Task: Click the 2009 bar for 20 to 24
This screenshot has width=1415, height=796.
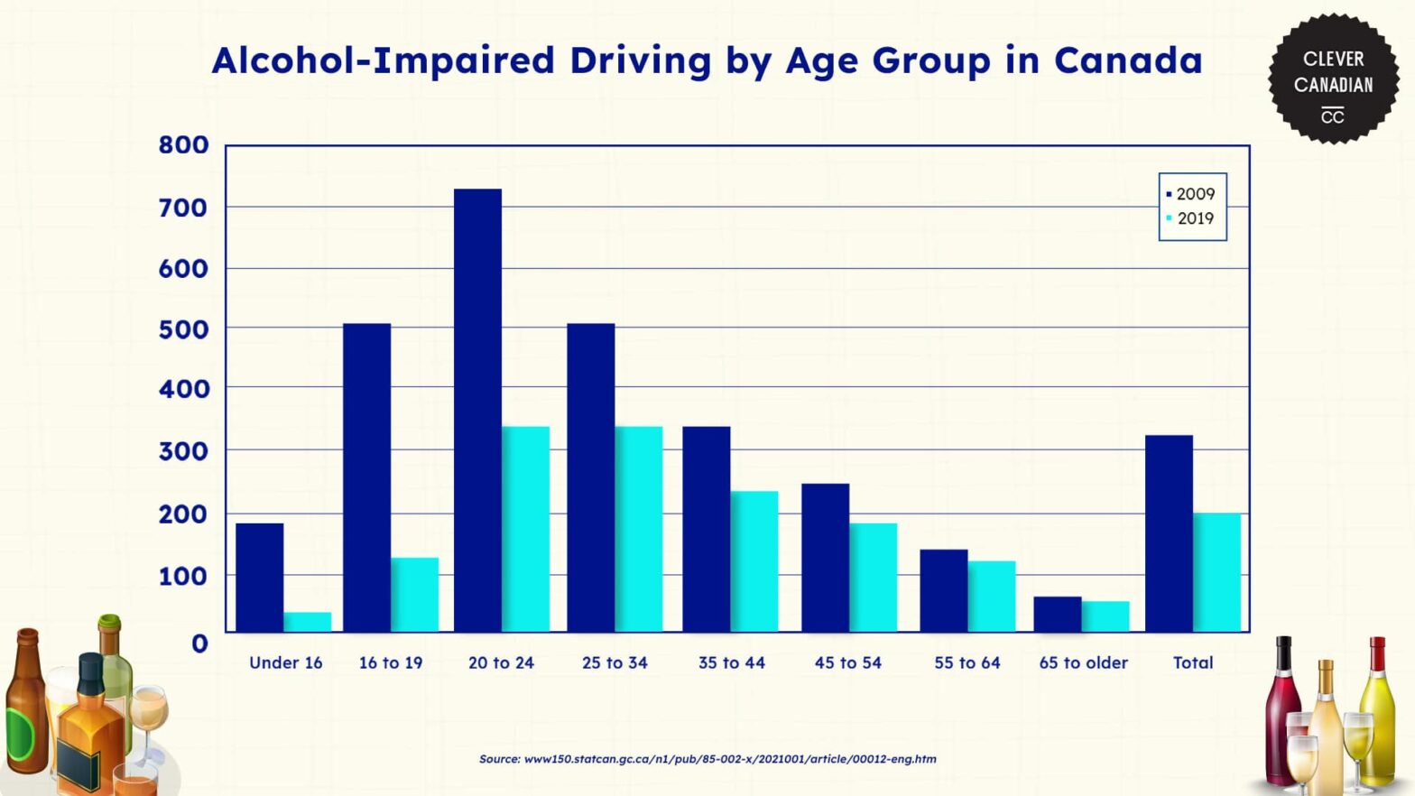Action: pos(477,410)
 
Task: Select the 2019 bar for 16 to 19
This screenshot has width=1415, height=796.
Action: pos(414,595)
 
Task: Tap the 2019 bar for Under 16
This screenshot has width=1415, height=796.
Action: pos(307,622)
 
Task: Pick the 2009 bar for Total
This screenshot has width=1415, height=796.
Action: pos(1169,533)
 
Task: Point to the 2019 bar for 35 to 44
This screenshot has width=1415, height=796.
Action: pos(754,561)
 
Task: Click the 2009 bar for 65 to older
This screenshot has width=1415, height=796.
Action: pos(1057,614)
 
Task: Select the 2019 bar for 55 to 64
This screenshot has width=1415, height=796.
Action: pos(992,596)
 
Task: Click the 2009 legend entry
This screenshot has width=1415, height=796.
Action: pos(1191,194)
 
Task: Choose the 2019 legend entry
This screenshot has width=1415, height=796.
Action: pos(1191,218)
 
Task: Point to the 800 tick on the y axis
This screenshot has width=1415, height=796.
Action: pos(184,145)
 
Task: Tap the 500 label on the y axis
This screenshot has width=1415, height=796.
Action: pos(184,329)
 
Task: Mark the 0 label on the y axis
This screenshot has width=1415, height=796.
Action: pos(199,643)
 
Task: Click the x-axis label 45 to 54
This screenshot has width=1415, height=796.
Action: pos(847,662)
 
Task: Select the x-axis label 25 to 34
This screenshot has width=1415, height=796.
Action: pos(615,662)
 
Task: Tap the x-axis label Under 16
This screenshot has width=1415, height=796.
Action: pos(285,662)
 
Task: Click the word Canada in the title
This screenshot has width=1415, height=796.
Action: pos(1128,60)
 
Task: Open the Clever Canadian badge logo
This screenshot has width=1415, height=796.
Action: pos(1333,79)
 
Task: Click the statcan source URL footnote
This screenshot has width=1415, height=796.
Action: pos(707,759)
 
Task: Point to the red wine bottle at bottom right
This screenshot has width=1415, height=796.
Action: pos(1282,713)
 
